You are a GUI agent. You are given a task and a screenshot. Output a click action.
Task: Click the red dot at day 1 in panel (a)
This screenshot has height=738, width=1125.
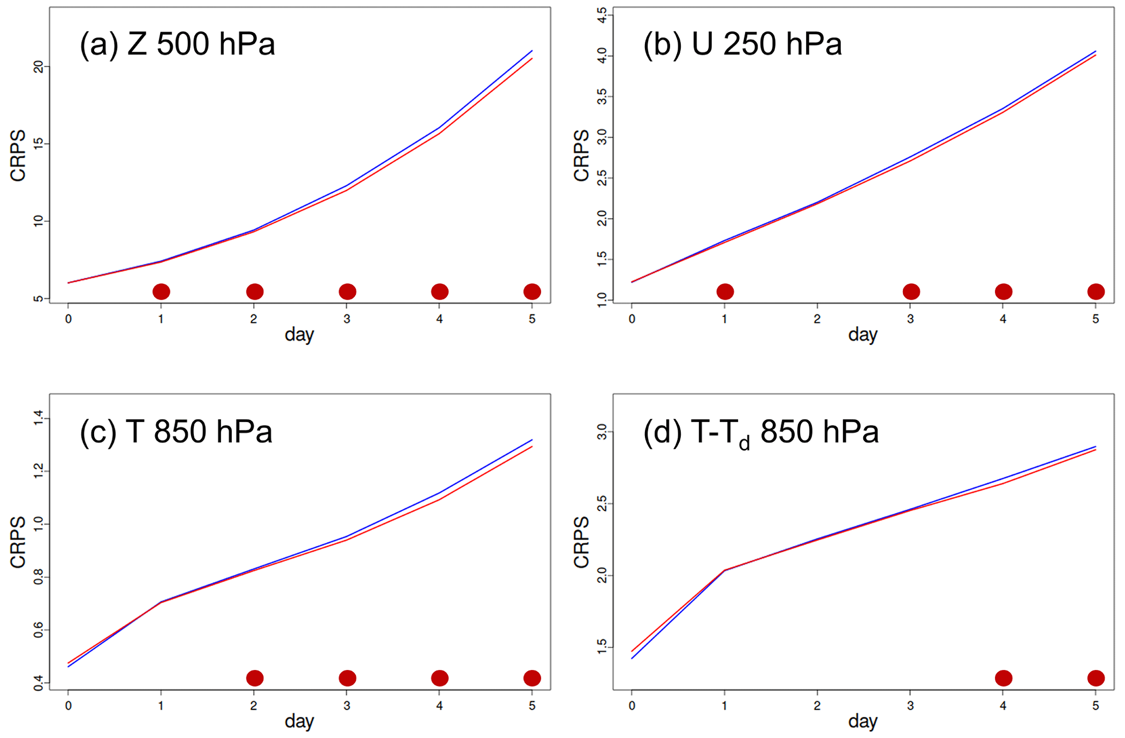pos(161,291)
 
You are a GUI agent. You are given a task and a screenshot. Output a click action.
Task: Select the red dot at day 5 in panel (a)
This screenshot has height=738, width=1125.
pos(532,291)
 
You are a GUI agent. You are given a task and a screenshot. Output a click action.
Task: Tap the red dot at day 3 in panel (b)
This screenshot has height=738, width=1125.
pos(911,291)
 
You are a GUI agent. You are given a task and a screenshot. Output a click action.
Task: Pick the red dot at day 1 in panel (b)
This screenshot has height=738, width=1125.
pos(725,291)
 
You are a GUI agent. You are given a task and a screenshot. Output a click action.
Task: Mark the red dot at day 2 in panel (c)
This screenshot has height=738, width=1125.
pos(255,678)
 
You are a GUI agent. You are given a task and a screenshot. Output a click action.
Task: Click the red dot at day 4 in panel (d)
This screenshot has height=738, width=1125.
pos(1004,678)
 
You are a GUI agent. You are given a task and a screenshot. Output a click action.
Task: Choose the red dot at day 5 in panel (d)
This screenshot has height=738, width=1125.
pos(1096,678)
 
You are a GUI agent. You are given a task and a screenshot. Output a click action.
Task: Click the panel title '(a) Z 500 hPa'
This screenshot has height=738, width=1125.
pos(177,44)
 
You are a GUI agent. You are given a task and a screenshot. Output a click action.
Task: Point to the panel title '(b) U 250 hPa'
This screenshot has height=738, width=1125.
pos(742,44)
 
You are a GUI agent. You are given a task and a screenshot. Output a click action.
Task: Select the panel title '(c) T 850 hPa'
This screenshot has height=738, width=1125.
pos(176,431)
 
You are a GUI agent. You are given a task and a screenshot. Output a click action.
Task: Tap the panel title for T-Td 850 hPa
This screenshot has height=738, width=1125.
pos(761,432)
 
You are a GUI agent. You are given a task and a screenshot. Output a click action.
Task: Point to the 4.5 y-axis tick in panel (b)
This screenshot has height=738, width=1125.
pos(601,15)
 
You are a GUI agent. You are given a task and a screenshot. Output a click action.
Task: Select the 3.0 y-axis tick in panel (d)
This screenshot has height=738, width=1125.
pos(601,432)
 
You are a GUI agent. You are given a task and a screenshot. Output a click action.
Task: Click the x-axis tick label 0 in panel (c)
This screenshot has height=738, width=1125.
pos(68,706)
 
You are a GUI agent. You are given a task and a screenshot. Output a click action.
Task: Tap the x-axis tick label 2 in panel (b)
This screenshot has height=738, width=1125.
pos(817,319)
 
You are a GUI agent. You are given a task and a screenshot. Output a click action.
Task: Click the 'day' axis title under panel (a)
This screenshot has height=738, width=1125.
pos(299,334)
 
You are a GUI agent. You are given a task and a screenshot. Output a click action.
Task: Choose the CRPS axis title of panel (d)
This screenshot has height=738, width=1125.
pos(581,542)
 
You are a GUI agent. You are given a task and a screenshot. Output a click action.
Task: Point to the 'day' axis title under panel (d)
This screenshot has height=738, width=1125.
pos(863,722)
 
